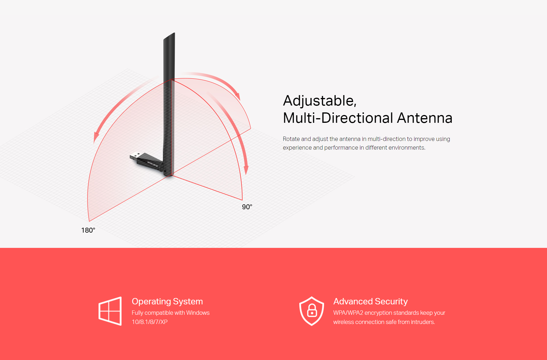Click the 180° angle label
point(88,230)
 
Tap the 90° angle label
point(247,207)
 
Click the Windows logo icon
point(110,311)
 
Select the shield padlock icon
point(312,311)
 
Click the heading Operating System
point(167,301)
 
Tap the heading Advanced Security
point(370,301)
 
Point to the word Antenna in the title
point(425,118)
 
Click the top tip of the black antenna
point(174,33)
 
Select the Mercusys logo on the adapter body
point(152,164)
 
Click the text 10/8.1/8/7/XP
point(149,322)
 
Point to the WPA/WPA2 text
point(348,313)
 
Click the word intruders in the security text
point(423,322)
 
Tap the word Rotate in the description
point(291,139)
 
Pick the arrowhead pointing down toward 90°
point(246,170)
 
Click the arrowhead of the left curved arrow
point(96,138)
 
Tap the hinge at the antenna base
point(166,172)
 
